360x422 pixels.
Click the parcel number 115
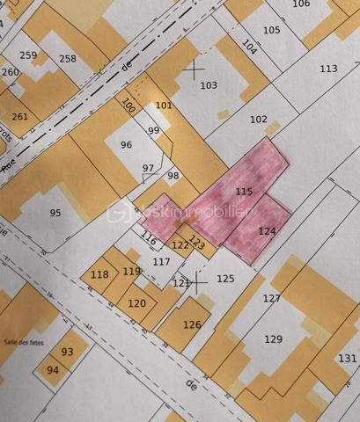[245, 191]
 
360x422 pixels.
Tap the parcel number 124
[268, 230]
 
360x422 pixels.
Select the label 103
[209, 85]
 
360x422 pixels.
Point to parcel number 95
[55, 212]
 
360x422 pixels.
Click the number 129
[274, 338]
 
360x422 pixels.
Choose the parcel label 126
[192, 324]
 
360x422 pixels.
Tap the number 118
[99, 274]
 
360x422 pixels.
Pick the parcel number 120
[136, 302]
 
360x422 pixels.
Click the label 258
[68, 59]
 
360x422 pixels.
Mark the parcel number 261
[20, 117]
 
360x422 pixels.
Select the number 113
[328, 69]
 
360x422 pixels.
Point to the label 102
[258, 120]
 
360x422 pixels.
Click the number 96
[126, 145]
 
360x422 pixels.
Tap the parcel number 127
[271, 298]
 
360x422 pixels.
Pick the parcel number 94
[53, 370]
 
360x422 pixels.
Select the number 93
[68, 352]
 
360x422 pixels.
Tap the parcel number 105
[272, 30]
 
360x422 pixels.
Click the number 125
[225, 279]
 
